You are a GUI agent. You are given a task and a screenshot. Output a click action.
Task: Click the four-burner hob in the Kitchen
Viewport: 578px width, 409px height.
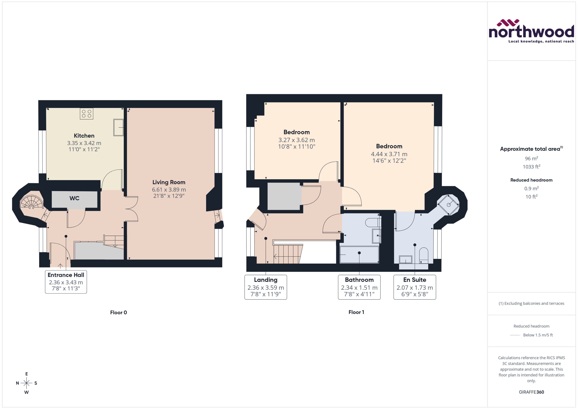click(86, 114)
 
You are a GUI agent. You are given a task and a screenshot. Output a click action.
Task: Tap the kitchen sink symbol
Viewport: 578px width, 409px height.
click(118, 127)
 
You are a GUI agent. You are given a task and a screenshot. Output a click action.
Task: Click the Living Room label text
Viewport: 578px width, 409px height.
click(169, 182)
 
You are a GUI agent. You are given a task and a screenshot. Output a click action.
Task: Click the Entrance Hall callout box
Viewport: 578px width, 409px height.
click(66, 282)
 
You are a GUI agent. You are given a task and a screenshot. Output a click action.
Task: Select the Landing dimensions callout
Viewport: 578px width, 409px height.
click(266, 287)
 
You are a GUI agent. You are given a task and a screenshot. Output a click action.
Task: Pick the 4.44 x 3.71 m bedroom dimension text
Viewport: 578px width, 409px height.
click(389, 154)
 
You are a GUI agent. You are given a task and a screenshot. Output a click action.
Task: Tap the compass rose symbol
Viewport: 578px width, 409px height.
click(26, 383)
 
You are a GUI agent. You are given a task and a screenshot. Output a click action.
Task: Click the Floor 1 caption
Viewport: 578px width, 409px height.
click(356, 312)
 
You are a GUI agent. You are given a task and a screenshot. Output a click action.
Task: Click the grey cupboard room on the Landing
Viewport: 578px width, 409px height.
click(284, 196)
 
